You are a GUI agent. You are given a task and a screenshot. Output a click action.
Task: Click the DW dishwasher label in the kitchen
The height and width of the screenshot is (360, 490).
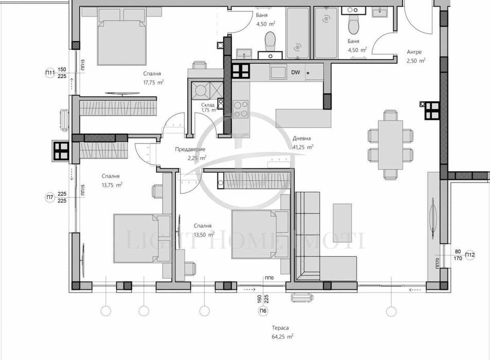pyautogui.click(x=295, y=73)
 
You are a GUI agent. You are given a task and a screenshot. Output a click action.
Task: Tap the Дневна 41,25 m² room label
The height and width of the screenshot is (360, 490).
pyautogui.click(x=303, y=142)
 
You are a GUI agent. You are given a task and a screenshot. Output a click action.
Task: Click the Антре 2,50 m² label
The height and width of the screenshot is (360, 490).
pyautogui.click(x=415, y=56)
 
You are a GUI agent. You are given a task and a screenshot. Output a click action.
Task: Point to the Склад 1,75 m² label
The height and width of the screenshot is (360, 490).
pyautogui.click(x=208, y=107)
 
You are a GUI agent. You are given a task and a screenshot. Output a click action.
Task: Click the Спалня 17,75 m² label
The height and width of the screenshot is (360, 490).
pyautogui.click(x=153, y=77)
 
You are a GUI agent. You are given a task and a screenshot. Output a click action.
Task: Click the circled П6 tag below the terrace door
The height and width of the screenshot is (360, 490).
pyautogui.click(x=264, y=311)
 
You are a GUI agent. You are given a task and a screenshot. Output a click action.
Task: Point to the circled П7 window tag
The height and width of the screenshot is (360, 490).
pyautogui.click(x=50, y=197)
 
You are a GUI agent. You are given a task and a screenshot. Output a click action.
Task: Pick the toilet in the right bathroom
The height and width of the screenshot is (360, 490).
pyautogui.click(x=354, y=24)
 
